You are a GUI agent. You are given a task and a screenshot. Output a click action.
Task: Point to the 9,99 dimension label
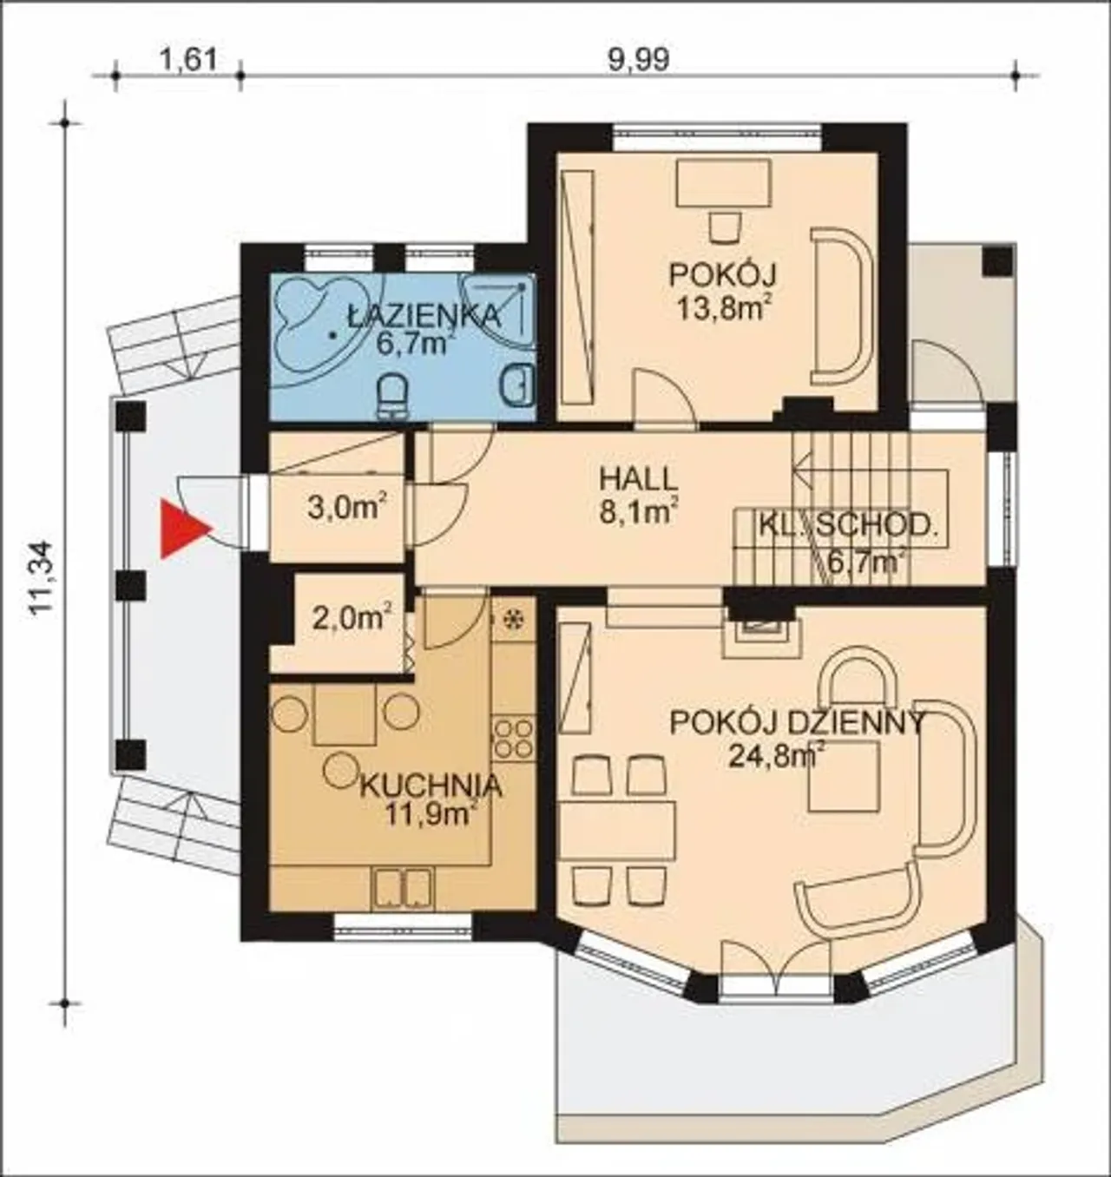(x=639, y=60)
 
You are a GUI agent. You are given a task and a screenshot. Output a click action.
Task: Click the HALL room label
(x=639, y=479)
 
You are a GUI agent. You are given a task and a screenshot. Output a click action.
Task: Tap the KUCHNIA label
(x=431, y=786)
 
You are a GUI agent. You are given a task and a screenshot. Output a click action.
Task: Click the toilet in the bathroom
(x=392, y=395)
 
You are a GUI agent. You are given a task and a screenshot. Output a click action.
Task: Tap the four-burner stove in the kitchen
(x=513, y=737)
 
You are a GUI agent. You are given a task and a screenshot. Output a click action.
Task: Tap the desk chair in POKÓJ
(x=726, y=226)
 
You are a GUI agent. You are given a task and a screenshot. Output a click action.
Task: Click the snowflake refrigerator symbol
(x=512, y=620)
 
